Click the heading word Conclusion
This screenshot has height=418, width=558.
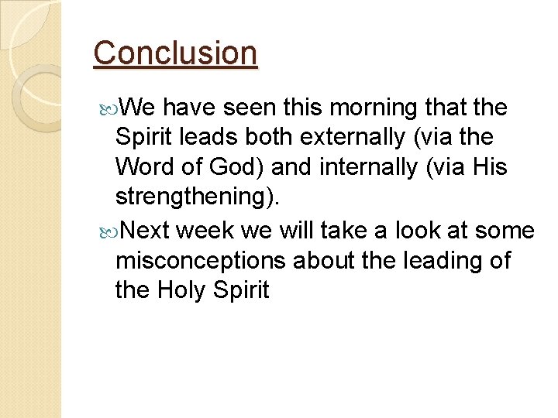pyautogui.click(x=175, y=53)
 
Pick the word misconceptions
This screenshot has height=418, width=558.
pyautogui.click(x=201, y=261)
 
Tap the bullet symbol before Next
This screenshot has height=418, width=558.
pyautogui.click(x=108, y=231)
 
